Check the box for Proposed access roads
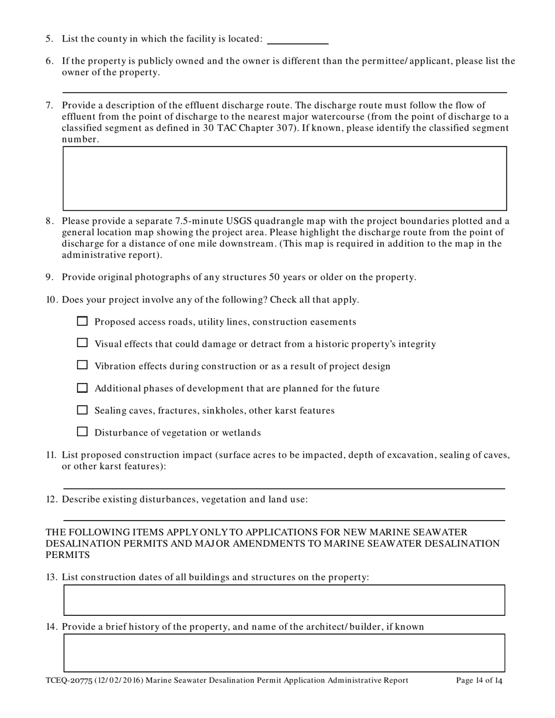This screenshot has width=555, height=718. click(x=82, y=321)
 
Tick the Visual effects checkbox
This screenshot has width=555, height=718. click(x=82, y=343)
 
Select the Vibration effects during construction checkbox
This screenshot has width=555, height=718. click(x=82, y=365)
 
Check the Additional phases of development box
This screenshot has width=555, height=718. click(x=82, y=388)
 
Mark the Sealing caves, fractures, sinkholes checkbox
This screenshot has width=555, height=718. click(x=82, y=410)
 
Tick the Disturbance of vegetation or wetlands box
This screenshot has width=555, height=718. click(x=82, y=432)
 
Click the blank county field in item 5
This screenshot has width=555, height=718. click(x=297, y=39)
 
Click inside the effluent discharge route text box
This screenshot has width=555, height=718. click(x=285, y=178)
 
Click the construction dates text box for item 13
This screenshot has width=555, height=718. click(x=285, y=600)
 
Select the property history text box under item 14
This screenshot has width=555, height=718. click(x=285, y=653)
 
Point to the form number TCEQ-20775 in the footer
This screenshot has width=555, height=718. click(x=65, y=681)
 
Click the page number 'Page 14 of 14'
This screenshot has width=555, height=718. click(x=479, y=681)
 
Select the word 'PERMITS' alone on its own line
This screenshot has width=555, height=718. click(x=68, y=555)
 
